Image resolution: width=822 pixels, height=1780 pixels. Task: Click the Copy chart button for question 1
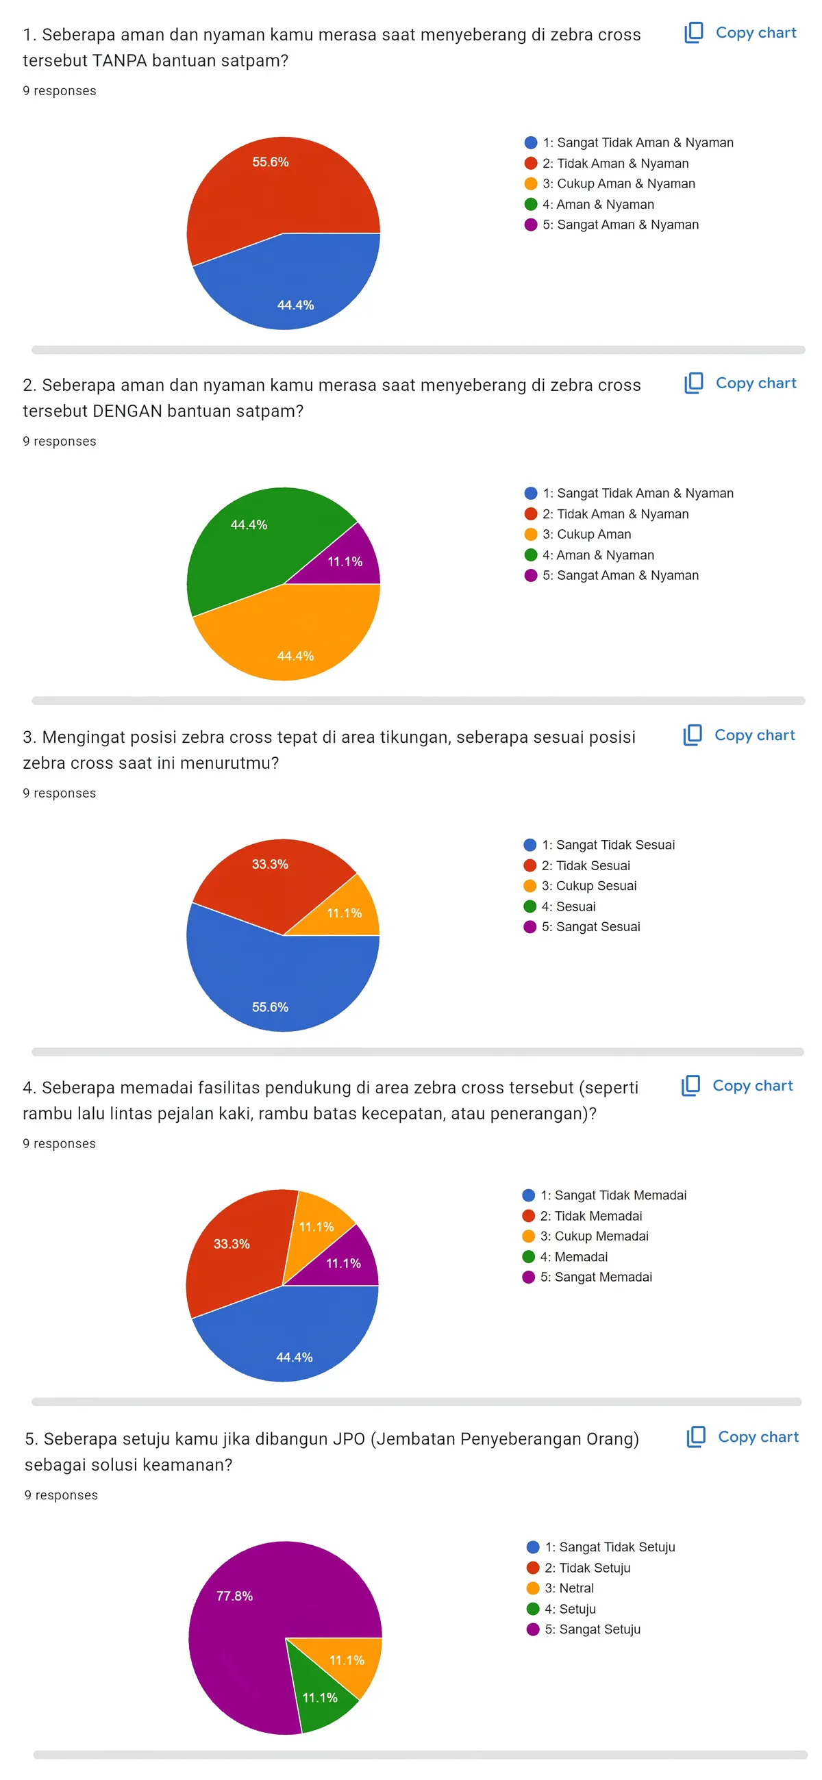pyautogui.click(x=740, y=32)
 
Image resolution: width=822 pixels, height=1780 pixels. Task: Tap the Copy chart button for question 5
pyautogui.click(x=742, y=1436)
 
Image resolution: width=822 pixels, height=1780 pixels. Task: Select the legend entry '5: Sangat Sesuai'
pyautogui.click(x=582, y=926)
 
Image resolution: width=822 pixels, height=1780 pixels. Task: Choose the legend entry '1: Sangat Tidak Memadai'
pyautogui.click(x=604, y=1195)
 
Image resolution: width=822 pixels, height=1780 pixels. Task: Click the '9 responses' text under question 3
pyautogui.click(x=60, y=793)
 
